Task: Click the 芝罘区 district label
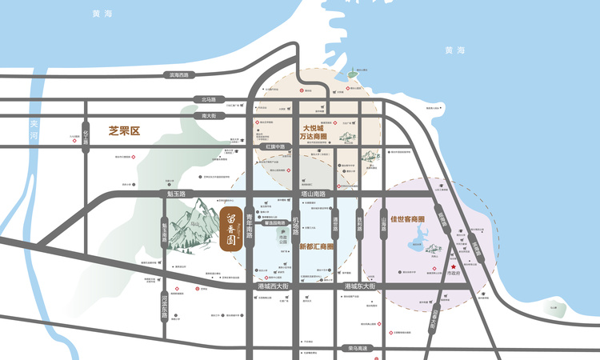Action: pos(124,129)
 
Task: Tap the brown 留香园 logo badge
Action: pos(230,227)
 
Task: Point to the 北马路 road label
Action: pos(209,99)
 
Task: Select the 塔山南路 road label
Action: pos(310,194)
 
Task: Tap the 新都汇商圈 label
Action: pos(316,246)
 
